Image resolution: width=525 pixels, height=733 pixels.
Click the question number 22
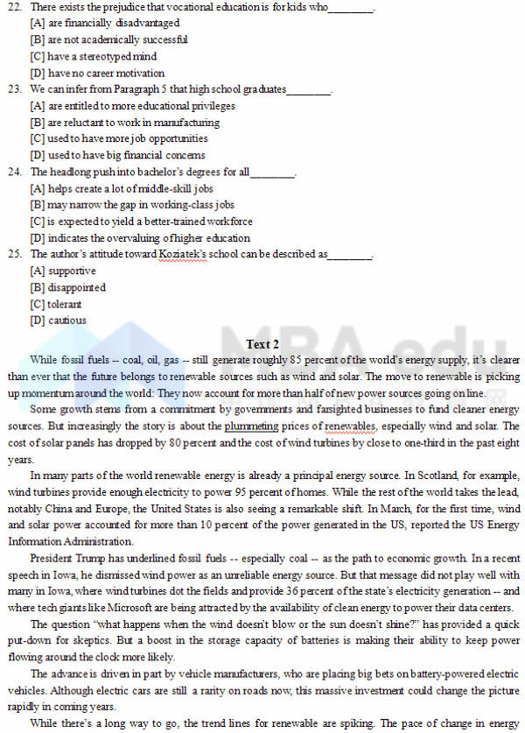tap(14, 8)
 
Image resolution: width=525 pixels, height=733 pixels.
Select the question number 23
tap(14, 89)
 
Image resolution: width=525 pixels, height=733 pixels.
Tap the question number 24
tap(14, 172)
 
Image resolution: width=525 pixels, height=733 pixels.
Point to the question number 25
tap(14, 254)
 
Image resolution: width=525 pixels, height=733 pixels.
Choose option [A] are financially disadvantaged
tap(104, 24)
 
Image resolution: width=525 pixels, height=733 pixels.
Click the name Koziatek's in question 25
tap(184, 254)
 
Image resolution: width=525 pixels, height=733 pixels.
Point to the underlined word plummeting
tap(251, 426)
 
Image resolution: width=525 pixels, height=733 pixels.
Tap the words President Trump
tap(65, 558)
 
